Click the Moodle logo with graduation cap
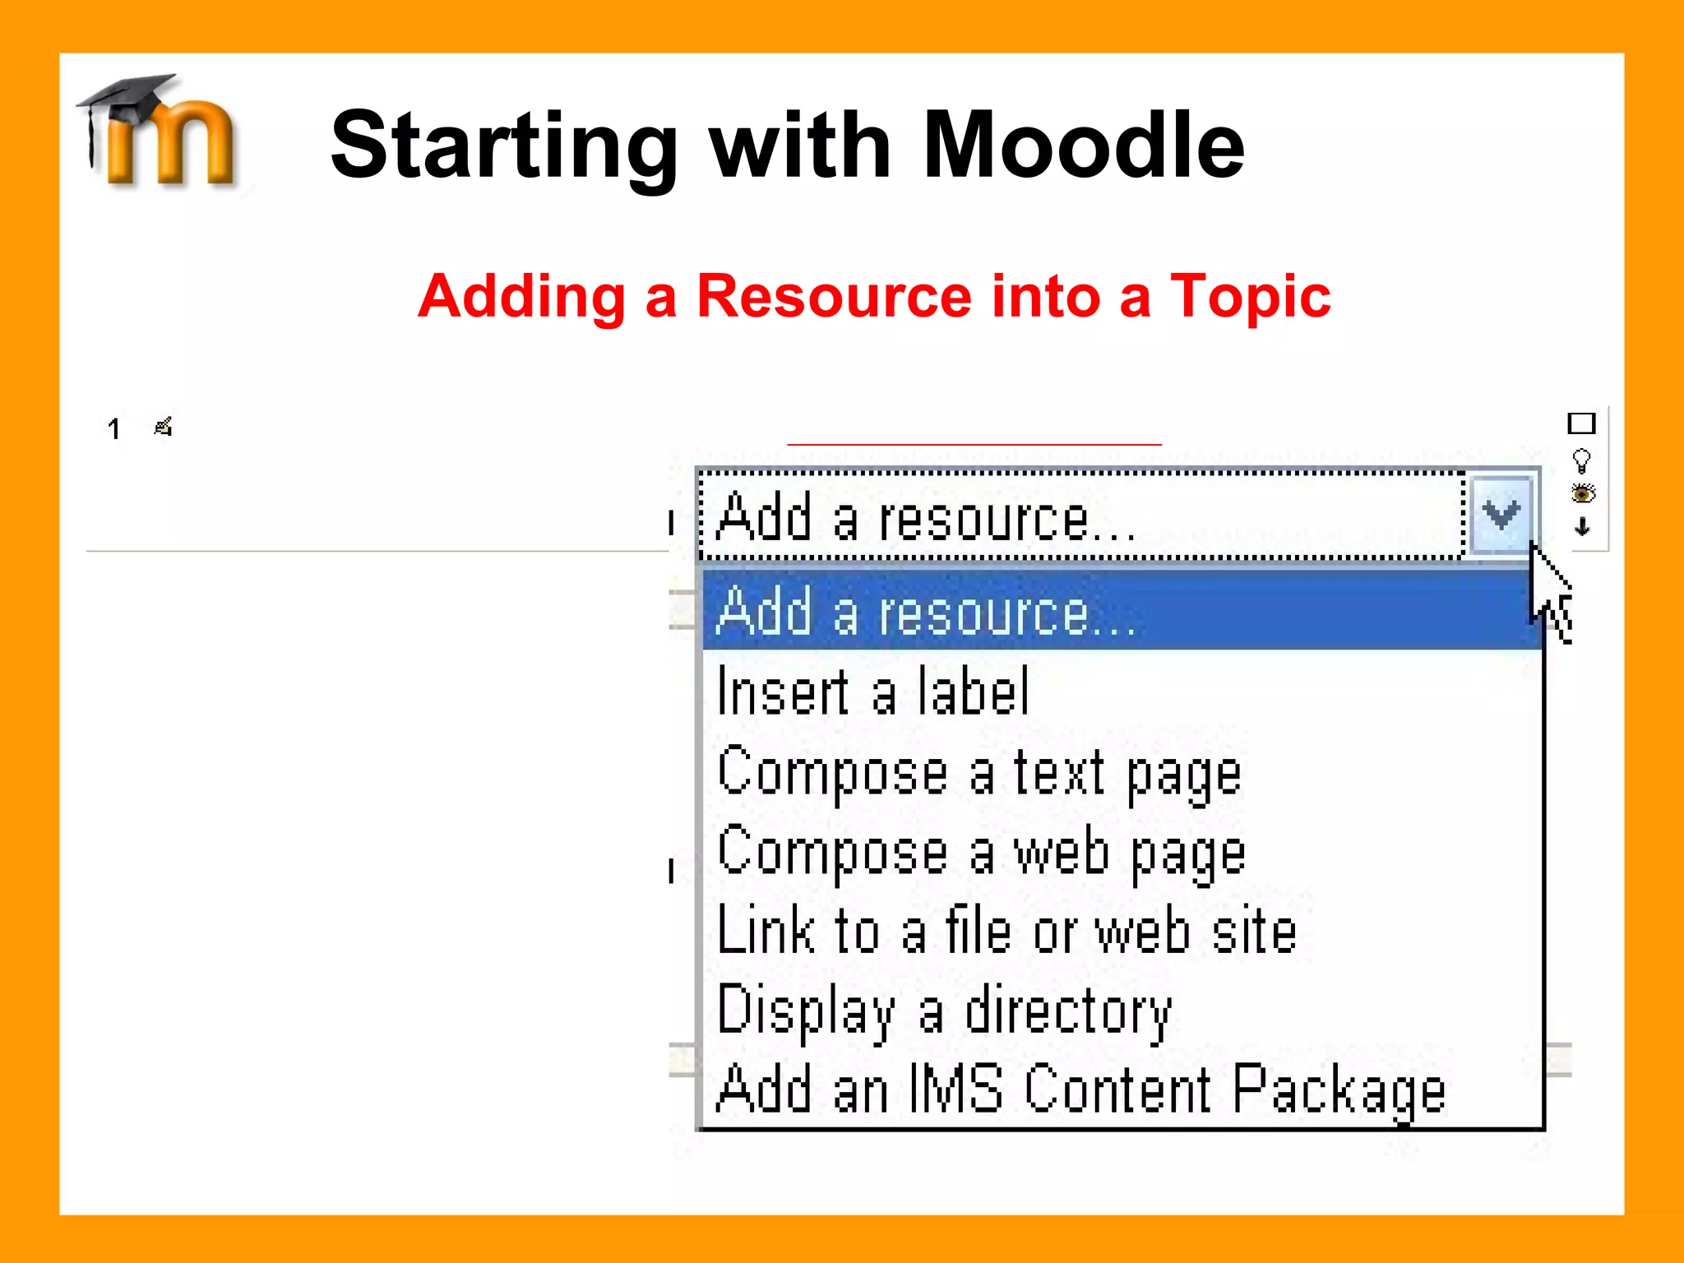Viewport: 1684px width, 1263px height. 160,132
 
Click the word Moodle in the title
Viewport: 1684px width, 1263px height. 1083,146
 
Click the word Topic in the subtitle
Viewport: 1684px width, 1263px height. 1250,296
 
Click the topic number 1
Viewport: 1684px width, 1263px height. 113,428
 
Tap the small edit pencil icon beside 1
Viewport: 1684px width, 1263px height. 163,427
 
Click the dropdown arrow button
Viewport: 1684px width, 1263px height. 1501,516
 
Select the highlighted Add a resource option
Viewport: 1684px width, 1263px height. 925,612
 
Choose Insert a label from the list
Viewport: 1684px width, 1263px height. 872,692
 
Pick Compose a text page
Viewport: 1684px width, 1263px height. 978,773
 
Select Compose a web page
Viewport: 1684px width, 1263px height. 980,853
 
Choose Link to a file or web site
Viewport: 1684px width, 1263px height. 1006,932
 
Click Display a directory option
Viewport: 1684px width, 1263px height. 943,1011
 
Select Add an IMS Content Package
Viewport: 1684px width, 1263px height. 1080,1090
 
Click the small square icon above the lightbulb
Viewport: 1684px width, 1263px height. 1581,423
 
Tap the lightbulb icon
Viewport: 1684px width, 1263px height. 1581,460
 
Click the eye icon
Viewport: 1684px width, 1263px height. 1582,493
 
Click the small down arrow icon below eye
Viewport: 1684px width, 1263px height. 1582,527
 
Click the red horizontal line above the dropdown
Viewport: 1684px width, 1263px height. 974,444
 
